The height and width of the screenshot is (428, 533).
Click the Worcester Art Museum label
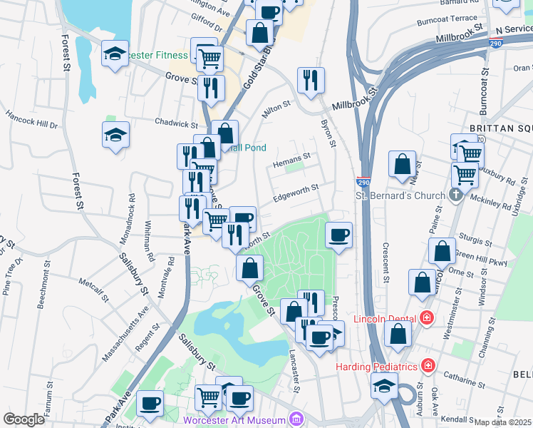[234, 420]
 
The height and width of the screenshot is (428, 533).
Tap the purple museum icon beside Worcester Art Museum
[295, 419]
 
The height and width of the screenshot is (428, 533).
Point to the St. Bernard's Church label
[401, 195]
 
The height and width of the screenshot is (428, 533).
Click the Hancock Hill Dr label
[31, 119]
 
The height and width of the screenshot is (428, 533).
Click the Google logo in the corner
[24, 419]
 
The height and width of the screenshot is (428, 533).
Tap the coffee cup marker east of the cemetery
[339, 234]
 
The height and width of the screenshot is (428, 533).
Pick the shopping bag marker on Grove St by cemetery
[250, 268]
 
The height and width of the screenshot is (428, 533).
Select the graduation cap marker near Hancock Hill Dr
[115, 135]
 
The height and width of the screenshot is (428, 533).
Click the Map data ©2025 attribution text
[502, 422]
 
